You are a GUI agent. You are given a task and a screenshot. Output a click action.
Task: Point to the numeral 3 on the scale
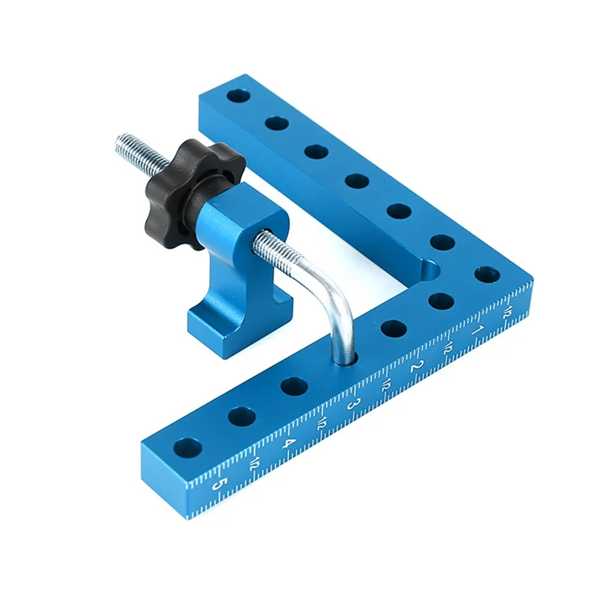[355, 406]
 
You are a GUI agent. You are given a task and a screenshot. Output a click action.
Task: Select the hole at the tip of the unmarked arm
[237, 97]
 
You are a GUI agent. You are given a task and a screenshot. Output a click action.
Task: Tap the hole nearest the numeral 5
[188, 448]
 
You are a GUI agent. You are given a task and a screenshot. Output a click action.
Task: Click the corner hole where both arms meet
[486, 275]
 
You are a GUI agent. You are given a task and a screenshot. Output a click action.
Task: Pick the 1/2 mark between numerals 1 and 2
[448, 348]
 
